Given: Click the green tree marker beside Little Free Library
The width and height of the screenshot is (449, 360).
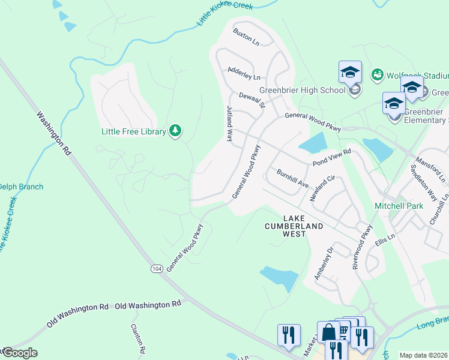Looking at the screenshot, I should [175, 130].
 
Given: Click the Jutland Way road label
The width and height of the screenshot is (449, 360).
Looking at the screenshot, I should [229, 123].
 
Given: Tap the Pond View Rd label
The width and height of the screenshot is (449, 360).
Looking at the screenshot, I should [330, 159].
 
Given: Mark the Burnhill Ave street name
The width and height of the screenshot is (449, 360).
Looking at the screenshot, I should [292, 178].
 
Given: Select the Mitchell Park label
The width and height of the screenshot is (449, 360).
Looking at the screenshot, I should [399, 206].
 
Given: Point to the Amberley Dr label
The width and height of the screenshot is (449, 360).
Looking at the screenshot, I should [323, 262].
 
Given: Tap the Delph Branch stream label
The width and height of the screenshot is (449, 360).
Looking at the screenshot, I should [21, 187].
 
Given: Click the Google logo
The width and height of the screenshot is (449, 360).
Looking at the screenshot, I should [19, 353].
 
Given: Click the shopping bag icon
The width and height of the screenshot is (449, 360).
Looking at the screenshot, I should [328, 332].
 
